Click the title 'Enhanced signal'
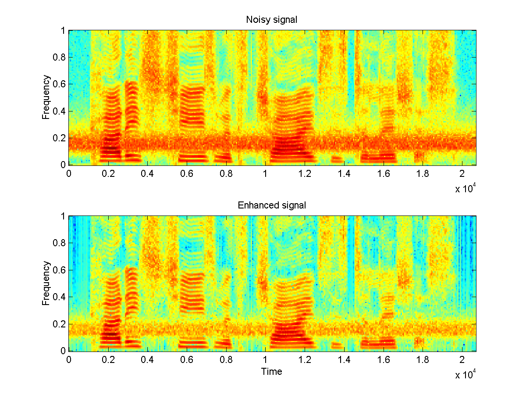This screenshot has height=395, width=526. (x=272, y=205)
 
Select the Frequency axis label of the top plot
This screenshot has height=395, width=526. (x=46, y=97)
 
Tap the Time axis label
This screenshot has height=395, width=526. (x=272, y=372)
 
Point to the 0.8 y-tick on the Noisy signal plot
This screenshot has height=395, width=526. (x=59, y=57)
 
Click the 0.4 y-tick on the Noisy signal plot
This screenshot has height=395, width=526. (x=59, y=111)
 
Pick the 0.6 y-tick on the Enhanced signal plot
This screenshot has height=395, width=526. (x=59, y=270)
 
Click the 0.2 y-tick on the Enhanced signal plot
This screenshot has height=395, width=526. (x=59, y=324)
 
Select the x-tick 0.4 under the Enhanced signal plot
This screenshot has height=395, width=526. (x=147, y=359)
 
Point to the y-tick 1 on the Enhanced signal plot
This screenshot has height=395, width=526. (x=63, y=216)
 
